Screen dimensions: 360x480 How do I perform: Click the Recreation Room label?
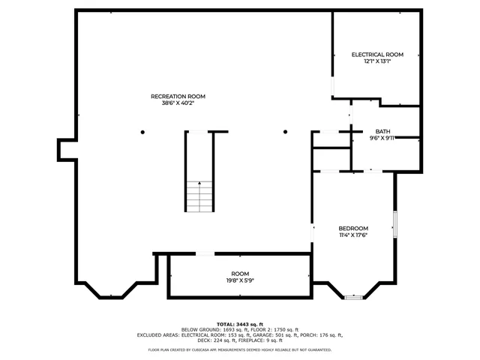tap(178, 96)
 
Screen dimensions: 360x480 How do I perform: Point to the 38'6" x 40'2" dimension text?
tap(178, 103)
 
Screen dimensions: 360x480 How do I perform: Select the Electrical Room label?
tap(377, 55)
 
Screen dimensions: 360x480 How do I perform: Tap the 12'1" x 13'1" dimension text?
tap(377, 61)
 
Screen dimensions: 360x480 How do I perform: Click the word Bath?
tap(382, 131)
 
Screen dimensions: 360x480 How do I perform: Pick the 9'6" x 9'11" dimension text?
tap(382, 138)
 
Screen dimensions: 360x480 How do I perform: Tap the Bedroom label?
tap(353, 228)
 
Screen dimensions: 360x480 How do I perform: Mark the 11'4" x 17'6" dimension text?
tap(353, 235)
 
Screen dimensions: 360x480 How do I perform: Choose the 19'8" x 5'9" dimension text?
tap(239, 280)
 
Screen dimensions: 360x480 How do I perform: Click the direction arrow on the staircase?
tap(199, 184)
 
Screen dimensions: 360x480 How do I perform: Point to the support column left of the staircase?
tap(142, 132)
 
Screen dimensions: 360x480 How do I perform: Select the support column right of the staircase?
tap(285, 132)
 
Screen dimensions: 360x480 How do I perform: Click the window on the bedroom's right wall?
tap(394, 224)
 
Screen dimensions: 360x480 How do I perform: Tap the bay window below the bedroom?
tap(353, 298)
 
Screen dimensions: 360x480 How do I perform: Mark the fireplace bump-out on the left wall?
tap(65, 150)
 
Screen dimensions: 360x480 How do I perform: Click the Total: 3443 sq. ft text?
tap(239, 323)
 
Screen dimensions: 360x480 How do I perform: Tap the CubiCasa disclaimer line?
tap(239, 349)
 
